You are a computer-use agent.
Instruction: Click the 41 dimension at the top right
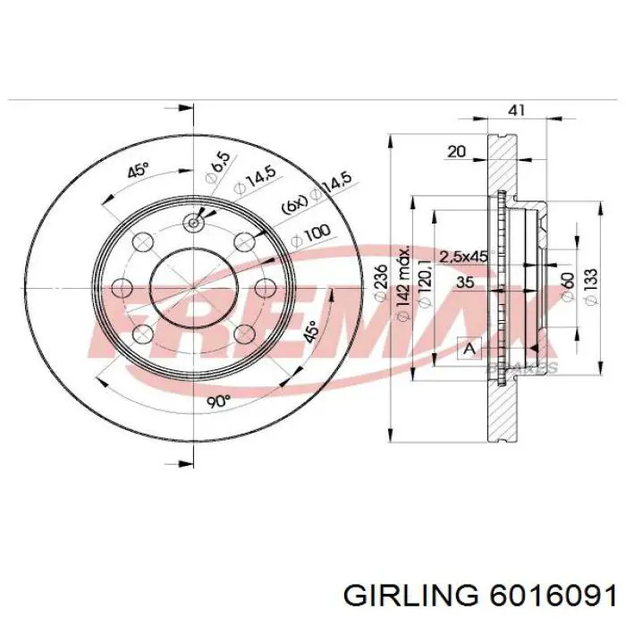pyautogui.click(x=517, y=110)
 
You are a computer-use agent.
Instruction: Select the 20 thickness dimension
pyautogui.click(x=456, y=152)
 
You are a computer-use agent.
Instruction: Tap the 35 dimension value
pyautogui.click(x=464, y=282)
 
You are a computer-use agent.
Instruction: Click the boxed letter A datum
pyautogui.click(x=467, y=349)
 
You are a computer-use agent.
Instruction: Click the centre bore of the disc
pyautogui.click(x=192, y=288)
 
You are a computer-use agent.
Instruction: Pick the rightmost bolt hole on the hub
pyautogui.click(x=266, y=288)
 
